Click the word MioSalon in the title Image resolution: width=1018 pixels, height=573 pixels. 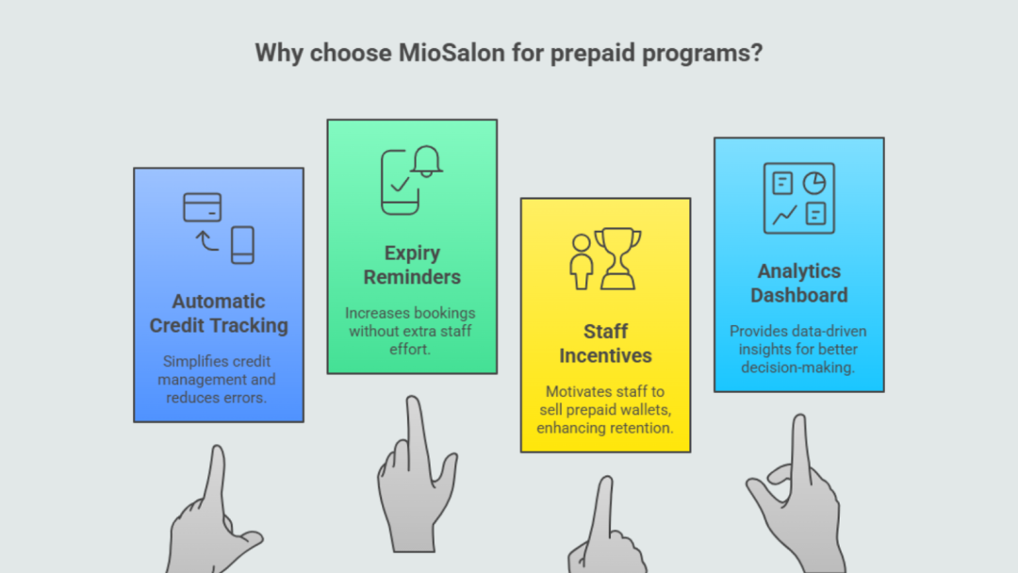click(452, 53)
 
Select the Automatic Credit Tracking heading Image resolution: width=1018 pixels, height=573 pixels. click(219, 314)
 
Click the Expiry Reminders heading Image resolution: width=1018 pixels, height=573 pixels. click(412, 265)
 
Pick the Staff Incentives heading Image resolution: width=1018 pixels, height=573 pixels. click(605, 343)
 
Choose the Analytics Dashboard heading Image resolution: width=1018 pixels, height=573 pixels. click(798, 283)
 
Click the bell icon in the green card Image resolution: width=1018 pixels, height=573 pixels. click(427, 161)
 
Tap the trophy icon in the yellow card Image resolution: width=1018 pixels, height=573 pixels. click(617, 258)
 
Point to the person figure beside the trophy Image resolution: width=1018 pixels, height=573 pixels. click(581, 261)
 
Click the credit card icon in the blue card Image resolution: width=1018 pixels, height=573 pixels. click(202, 207)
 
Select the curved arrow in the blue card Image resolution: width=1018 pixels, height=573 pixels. click(207, 241)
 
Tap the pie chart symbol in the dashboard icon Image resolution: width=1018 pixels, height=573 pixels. click(814, 184)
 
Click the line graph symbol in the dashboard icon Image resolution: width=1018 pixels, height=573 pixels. click(784, 214)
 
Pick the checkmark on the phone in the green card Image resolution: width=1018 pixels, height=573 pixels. click(400, 185)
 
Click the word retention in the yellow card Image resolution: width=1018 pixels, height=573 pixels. click(642, 428)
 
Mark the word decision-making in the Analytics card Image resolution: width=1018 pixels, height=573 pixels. click(798, 368)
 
